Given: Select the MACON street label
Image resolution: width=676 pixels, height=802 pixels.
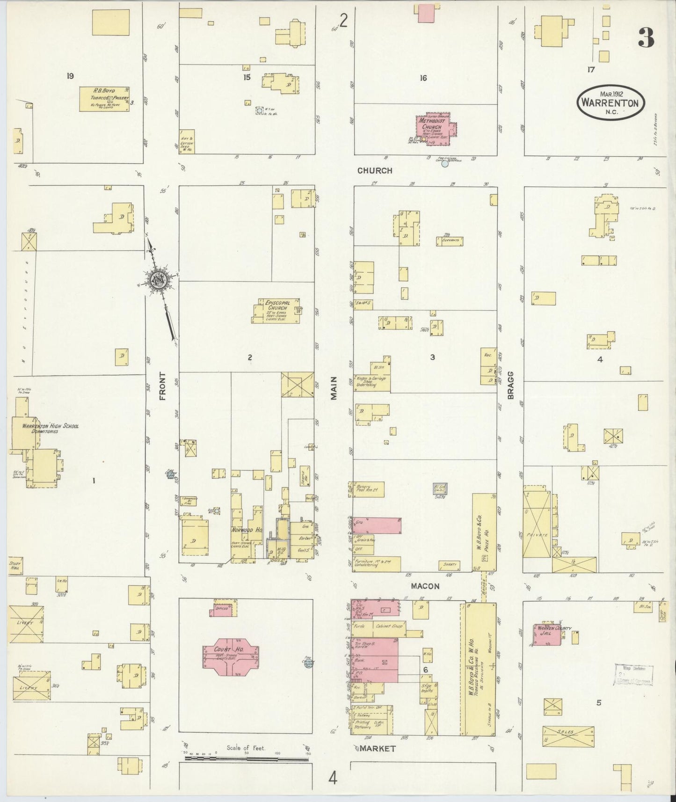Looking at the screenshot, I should tap(425, 586).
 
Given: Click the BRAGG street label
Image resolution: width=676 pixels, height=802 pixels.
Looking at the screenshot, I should tap(510, 385).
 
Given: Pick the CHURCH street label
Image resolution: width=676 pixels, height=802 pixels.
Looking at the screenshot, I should tap(375, 171).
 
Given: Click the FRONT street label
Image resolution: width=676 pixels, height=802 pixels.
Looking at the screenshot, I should tap(163, 386).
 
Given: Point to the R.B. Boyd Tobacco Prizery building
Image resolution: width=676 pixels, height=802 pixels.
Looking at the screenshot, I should tap(104, 98).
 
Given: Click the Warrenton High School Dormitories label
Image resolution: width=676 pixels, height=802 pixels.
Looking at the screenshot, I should tap(51, 429).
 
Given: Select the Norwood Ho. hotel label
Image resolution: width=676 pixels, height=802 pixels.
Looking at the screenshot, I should tap(246, 530).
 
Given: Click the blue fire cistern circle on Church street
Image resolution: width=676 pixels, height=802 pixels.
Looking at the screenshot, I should tap(445, 164).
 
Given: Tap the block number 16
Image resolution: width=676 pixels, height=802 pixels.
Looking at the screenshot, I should tap(423, 78).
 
